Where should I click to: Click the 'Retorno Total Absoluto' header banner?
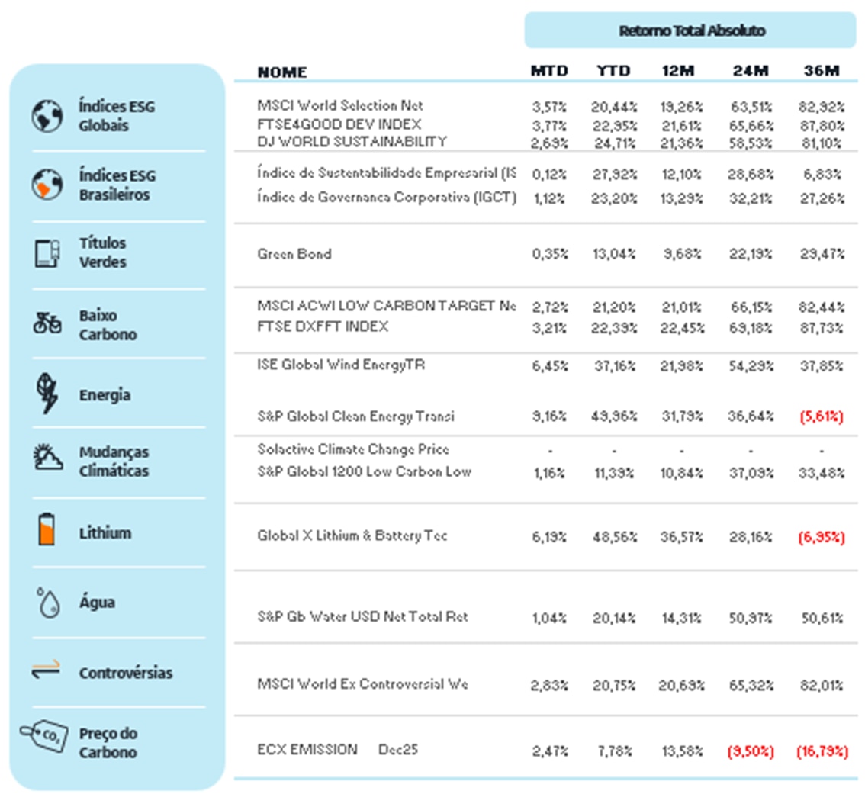tap(691, 31)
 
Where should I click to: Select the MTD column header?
tap(549, 72)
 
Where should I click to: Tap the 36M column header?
tap(822, 72)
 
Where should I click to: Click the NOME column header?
tap(282, 72)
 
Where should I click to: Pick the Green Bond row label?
tap(294, 254)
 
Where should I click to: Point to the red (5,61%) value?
tap(822, 416)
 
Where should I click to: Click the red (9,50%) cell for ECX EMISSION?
tap(751, 751)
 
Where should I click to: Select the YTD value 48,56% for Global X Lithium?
tap(613, 536)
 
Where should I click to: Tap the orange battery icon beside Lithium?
tap(47, 529)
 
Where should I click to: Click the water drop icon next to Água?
tap(47, 602)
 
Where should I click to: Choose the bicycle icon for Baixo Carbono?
tap(47, 323)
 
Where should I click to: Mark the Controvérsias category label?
tap(125, 674)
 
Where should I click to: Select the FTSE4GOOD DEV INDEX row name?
tap(339, 124)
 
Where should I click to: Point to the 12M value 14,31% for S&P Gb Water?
tap(680, 617)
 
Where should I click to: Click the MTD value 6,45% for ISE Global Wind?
tap(549, 365)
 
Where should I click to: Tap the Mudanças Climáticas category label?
tap(114, 462)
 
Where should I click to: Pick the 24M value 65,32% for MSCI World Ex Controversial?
tap(751, 685)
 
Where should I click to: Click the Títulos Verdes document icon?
tap(47, 253)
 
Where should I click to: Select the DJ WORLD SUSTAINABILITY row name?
tap(352, 142)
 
